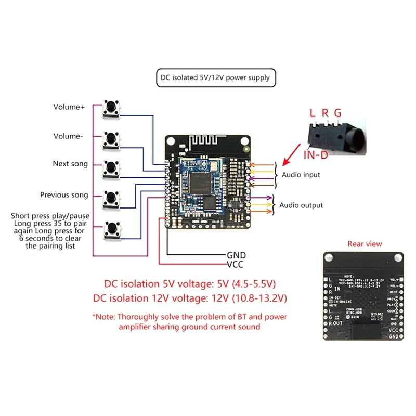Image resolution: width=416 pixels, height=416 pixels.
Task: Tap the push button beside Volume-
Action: tap(110, 138)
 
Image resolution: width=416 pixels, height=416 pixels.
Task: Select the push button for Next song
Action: tap(110, 167)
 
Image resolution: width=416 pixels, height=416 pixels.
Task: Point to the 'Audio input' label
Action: tap(301, 175)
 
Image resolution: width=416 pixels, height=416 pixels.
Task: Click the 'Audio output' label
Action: tap(301, 205)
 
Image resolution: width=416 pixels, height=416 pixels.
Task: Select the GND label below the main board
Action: tap(236, 255)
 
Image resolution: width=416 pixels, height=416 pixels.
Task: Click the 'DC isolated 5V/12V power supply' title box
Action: tap(215, 78)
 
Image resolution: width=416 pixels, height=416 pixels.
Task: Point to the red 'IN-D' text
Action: tap(317, 155)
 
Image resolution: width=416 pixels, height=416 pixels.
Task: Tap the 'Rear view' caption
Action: tap(364, 244)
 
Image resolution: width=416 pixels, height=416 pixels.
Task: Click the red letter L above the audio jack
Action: tap(313, 113)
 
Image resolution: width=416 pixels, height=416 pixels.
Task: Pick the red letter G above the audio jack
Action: tap(338, 113)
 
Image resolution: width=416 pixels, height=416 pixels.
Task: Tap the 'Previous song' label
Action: tap(64, 195)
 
